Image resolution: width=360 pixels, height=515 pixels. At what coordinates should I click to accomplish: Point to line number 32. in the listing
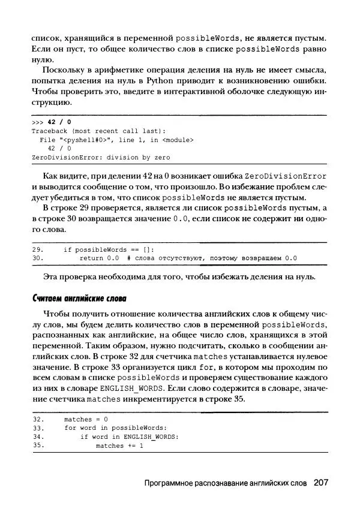[x=37, y=419]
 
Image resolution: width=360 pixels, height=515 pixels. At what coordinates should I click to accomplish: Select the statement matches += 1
[x=119, y=445]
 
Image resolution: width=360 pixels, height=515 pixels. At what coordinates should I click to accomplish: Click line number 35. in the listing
[x=37, y=445]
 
